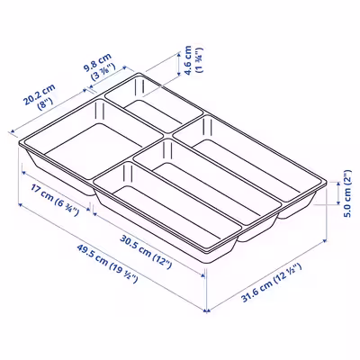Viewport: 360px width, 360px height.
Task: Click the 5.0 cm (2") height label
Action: point(347,193)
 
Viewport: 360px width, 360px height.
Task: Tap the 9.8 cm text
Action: point(97,62)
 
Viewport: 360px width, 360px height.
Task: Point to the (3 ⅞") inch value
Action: point(103,72)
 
